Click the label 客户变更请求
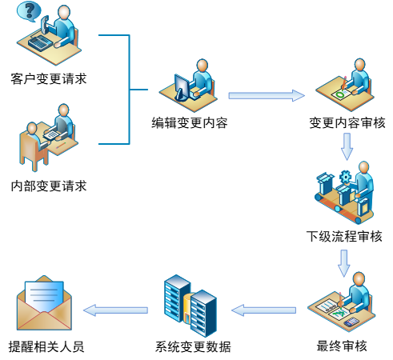(49, 79)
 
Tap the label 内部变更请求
(49, 186)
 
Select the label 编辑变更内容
(190, 123)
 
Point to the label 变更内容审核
(347, 123)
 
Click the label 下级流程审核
(344, 236)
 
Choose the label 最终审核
(342, 346)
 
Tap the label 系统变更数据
(193, 346)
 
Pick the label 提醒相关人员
(46, 346)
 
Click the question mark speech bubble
(29, 11)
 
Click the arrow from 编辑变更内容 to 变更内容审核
(267, 95)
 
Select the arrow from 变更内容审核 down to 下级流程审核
(347, 146)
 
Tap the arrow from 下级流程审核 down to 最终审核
(344, 263)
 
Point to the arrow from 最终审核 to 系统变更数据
(263, 310)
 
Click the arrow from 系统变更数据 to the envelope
(115, 310)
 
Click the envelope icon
(44, 303)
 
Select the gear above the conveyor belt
(346, 177)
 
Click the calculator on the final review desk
(351, 322)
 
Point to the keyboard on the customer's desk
(40, 43)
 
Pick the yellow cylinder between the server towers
(188, 307)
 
